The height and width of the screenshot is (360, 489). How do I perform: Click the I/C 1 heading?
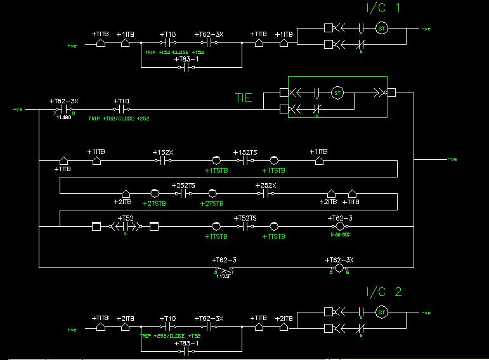[383, 9]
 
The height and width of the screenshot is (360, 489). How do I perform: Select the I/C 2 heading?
[384, 293]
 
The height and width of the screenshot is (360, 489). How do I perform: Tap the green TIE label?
[243, 98]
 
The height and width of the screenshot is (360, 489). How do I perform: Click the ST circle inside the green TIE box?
[337, 93]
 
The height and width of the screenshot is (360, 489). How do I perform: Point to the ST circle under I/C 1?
[381, 28]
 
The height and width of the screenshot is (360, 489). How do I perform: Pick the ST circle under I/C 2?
[381, 311]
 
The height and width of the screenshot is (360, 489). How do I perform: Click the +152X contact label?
[163, 153]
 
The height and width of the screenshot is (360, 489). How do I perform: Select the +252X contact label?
[265, 186]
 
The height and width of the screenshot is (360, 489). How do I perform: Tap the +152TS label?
[245, 153]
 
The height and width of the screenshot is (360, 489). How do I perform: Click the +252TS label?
[184, 186]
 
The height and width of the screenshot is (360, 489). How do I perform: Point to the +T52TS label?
[245, 218]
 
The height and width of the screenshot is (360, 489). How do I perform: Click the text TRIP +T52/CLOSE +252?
[119, 119]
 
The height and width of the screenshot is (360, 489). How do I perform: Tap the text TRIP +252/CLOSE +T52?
[173, 335]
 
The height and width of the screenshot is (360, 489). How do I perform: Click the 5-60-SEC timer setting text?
[340, 235]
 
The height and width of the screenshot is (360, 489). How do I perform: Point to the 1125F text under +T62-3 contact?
[222, 276]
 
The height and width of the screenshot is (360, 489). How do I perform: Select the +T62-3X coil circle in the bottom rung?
[339, 269]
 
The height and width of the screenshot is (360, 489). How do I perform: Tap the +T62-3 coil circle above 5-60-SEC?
[339, 226]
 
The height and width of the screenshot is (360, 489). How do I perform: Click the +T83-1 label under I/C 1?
[186, 59]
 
